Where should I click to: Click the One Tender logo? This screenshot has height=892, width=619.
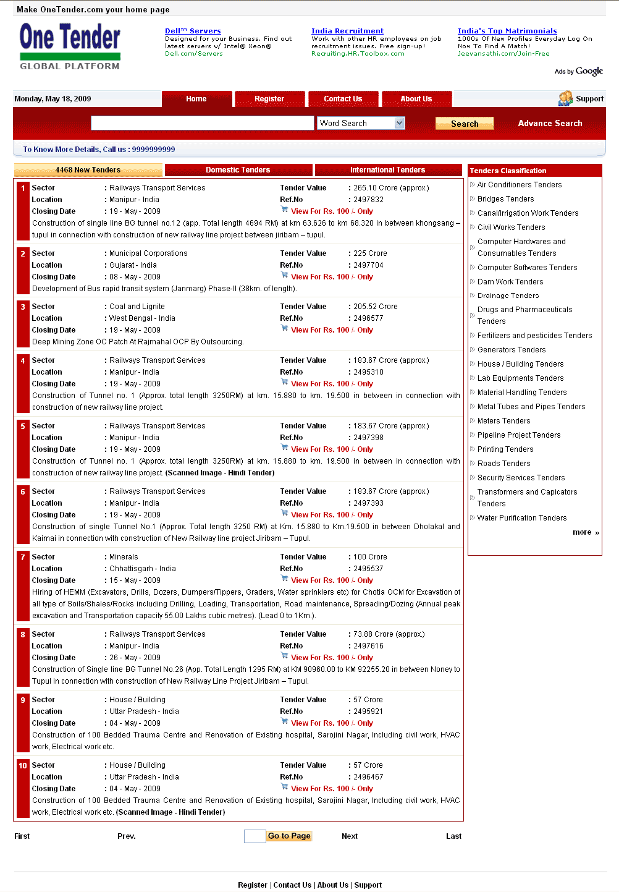[70, 46]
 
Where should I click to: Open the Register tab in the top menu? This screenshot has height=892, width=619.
[269, 99]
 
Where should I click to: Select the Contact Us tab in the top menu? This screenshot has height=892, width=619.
[343, 99]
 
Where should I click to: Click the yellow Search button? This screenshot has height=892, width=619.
[465, 124]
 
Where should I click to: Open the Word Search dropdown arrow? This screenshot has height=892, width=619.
[400, 123]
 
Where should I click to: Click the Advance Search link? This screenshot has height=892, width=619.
[550, 124]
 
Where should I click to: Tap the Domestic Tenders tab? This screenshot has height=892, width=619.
[238, 170]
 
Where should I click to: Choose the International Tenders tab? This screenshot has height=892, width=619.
[387, 170]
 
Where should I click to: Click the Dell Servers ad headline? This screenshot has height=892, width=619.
[193, 31]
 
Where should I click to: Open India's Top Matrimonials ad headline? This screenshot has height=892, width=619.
[507, 31]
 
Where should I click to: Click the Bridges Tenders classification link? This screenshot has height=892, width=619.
[505, 199]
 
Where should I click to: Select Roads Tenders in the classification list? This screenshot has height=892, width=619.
[503, 464]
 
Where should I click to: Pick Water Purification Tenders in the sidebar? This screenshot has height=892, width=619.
[521, 518]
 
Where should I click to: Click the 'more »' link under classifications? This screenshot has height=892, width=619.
[586, 532]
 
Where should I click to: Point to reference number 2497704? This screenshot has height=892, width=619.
[368, 265]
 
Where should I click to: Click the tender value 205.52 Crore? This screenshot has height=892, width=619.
[376, 307]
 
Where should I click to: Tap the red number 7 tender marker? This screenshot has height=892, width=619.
[23, 557]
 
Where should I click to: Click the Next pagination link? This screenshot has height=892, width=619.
[350, 836]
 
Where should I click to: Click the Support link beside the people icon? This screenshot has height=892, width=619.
[589, 99]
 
